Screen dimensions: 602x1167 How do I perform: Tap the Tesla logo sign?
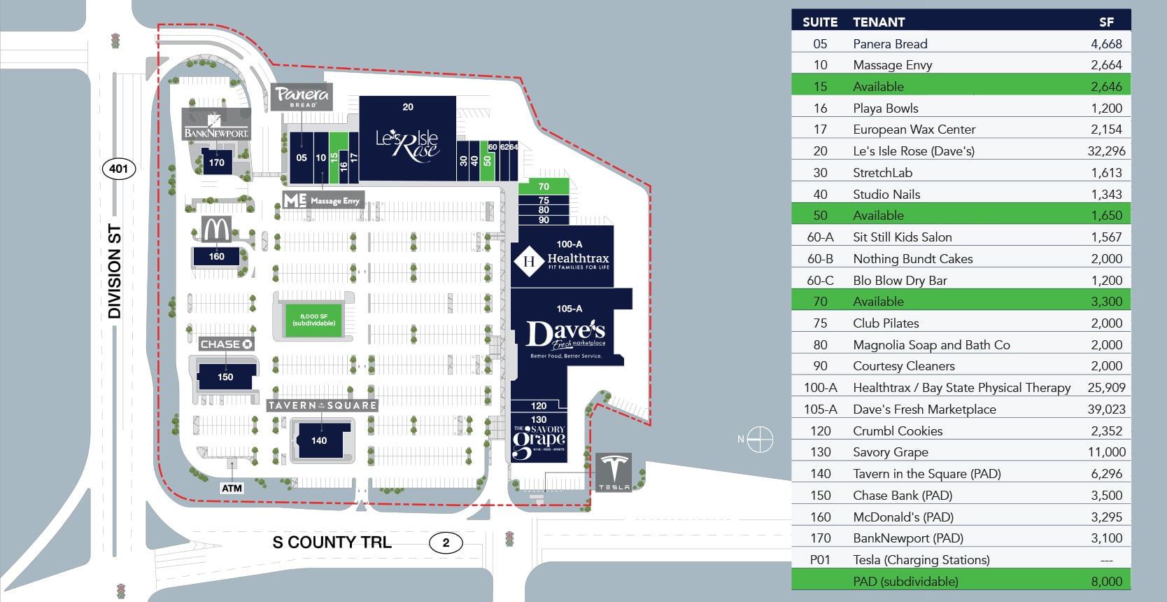(614, 471)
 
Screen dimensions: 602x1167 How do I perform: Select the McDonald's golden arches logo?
(217, 229)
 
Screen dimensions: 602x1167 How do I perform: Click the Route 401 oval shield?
(119, 169)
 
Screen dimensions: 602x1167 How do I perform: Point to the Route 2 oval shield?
(446, 542)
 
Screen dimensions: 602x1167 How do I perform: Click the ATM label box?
(232, 488)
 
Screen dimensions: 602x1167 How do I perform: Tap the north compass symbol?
(760, 440)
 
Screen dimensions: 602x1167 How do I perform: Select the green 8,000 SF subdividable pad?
(313, 320)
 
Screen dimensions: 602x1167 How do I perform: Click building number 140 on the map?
(319, 440)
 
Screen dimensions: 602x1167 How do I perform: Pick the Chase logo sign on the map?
(226, 344)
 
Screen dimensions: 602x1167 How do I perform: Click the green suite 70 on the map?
(544, 187)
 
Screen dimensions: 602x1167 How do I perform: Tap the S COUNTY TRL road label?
(332, 542)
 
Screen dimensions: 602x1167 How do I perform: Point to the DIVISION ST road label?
(115, 272)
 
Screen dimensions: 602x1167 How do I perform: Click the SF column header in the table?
(1106, 22)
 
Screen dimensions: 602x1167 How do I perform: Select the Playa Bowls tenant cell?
(885, 108)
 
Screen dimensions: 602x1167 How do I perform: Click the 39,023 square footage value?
(1106, 409)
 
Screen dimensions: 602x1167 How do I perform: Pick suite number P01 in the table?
(820, 560)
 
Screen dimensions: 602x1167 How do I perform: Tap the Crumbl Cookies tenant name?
(898, 431)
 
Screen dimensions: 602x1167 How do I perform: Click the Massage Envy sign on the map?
(323, 200)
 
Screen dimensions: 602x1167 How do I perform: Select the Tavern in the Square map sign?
(323, 405)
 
